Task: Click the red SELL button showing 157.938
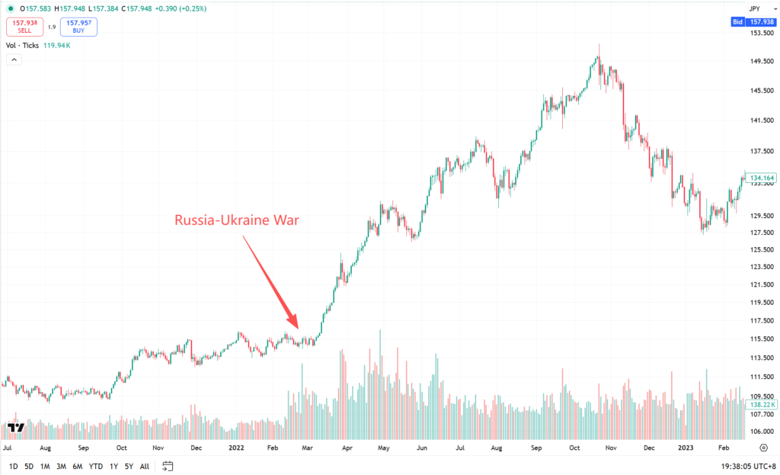click(x=25, y=27)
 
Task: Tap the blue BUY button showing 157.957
click(x=78, y=27)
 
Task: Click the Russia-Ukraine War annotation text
click(x=237, y=220)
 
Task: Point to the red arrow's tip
click(x=298, y=329)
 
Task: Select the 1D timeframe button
click(x=14, y=467)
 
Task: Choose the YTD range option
click(x=95, y=467)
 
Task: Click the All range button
click(x=144, y=467)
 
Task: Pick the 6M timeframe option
click(x=77, y=467)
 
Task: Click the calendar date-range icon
click(x=168, y=466)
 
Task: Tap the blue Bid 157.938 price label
click(x=753, y=22)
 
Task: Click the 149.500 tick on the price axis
click(x=762, y=61)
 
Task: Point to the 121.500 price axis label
click(x=762, y=285)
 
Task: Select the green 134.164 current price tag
click(x=761, y=178)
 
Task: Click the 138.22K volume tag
click(x=761, y=405)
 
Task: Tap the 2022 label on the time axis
click(x=236, y=448)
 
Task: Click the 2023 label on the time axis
click(x=686, y=448)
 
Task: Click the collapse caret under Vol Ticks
click(x=14, y=59)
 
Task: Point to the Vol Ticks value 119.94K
click(x=56, y=45)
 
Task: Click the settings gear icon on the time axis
click(x=763, y=448)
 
